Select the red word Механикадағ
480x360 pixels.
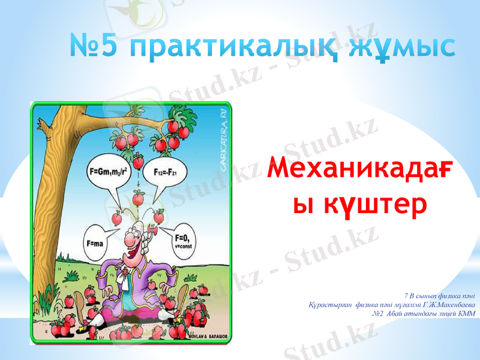coord(360,170)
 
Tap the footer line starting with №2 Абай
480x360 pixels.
coord(424,313)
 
